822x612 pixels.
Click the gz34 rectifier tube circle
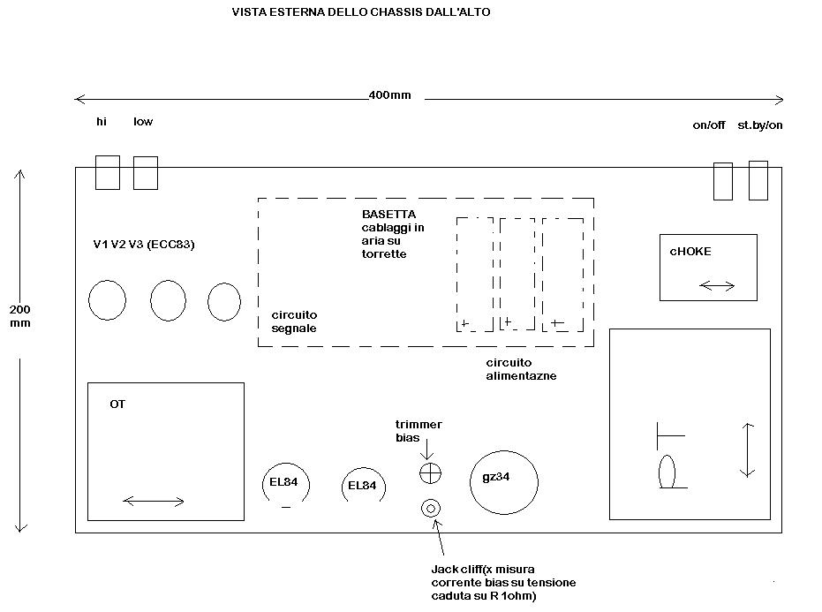(x=470, y=482)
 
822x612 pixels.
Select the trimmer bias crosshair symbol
(x=430, y=473)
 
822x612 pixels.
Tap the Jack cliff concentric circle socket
(x=431, y=508)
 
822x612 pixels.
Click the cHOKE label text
(x=690, y=251)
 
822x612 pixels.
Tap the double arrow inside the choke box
(x=717, y=286)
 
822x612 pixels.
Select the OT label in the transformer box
(x=117, y=404)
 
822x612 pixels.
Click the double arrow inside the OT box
(x=153, y=502)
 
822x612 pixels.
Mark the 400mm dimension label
(x=389, y=95)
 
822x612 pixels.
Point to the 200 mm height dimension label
(x=20, y=316)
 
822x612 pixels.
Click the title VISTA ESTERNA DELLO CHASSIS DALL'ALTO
(x=361, y=12)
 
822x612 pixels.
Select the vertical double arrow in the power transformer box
(x=747, y=450)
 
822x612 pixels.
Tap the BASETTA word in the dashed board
(x=388, y=214)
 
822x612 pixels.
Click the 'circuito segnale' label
(x=294, y=321)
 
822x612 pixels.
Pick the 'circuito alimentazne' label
(x=521, y=369)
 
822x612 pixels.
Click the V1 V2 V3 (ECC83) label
(x=144, y=245)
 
